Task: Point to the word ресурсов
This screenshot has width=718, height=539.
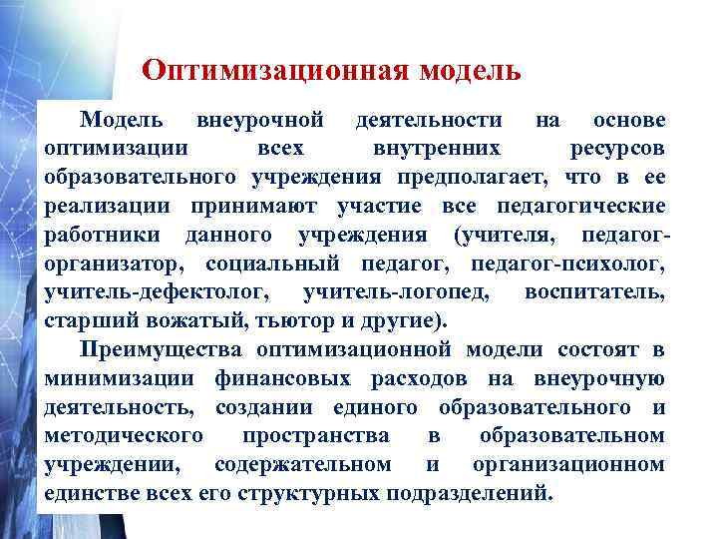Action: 616,150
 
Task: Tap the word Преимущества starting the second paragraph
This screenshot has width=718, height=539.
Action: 165,350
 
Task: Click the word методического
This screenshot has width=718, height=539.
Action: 124,436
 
